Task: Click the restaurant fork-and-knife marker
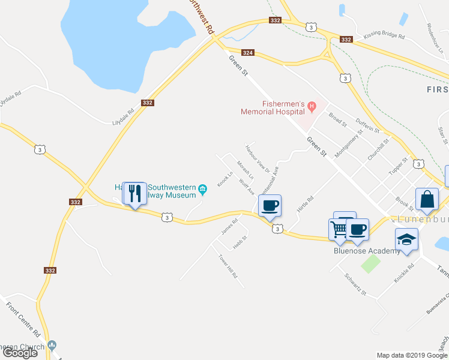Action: coord(134,193)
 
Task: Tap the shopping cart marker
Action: coord(339,230)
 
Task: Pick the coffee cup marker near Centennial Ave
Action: coord(270,206)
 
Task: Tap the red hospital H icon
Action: coord(312,107)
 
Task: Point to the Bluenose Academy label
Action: coord(367,251)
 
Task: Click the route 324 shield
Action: coord(249,53)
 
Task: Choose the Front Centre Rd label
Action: coord(23,319)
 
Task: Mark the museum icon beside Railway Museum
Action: coord(203,191)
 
